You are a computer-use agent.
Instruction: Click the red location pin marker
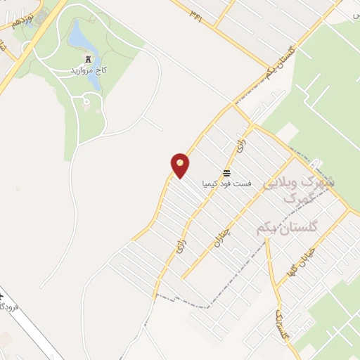coord(180,165)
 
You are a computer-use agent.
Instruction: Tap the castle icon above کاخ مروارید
coord(88,60)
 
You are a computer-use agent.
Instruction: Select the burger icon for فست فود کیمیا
coord(226,172)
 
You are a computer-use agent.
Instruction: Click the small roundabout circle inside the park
coord(86,103)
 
